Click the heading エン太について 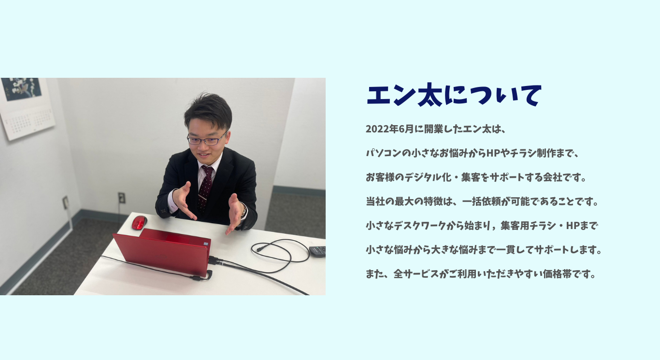coord(454,95)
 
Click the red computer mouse coord(139,222)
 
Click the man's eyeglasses coord(207,139)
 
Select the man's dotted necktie coord(205,188)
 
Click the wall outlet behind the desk coord(121,198)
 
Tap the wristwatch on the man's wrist coord(244,211)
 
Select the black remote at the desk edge coord(317,251)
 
